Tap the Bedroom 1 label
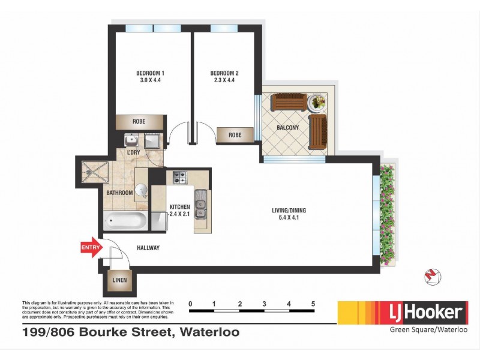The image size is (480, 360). (x=151, y=73)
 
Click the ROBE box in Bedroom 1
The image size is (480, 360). (x=139, y=121)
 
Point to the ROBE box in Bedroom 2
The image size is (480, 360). (x=235, y=135)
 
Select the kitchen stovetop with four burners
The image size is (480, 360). (x=180, y=177)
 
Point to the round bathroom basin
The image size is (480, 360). (x=141, y=190)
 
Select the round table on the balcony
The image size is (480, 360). (x=317, y=103)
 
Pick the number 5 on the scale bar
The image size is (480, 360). (x=313, y=304)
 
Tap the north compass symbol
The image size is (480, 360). (x=433, y=275)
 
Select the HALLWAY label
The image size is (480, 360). (x=148, y=248)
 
